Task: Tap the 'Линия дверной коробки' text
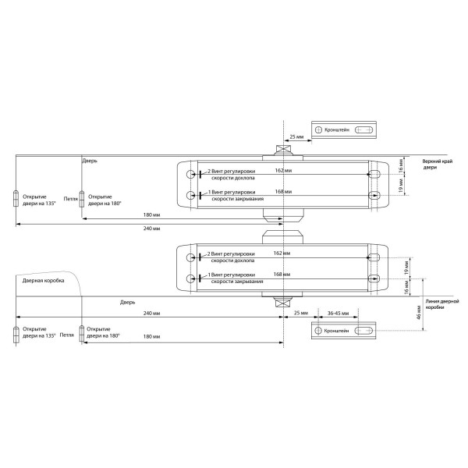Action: point(443,304)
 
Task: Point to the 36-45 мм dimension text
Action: point(338,314)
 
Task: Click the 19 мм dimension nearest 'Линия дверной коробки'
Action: point(406,267)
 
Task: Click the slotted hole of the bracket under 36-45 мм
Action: point(364,332)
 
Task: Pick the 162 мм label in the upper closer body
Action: point(283,169)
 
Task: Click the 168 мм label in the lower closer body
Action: point(283,275)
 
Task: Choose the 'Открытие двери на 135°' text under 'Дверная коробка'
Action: point(39,333)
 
